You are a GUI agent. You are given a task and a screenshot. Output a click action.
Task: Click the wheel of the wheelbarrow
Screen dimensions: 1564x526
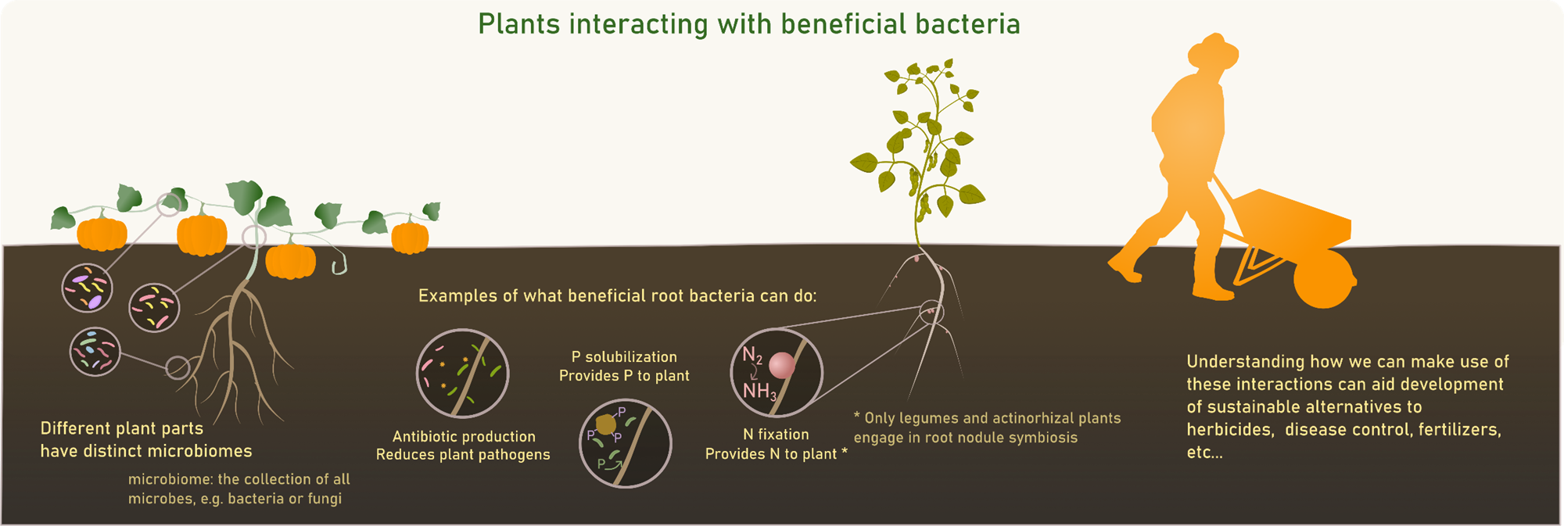pyautogui.click(x=1324, y=278)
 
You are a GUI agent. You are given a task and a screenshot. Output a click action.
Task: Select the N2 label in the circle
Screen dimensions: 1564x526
pyautogui.click(x=752, y=356)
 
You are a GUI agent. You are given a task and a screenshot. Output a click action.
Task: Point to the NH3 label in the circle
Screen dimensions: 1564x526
pyautogui.click(x=759, y=391)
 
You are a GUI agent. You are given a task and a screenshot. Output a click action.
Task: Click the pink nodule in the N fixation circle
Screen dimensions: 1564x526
pyautogui.click(x=782, y=365)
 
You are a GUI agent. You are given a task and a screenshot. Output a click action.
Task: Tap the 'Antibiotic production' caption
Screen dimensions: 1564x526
pyautogui.click(x=464, y=436)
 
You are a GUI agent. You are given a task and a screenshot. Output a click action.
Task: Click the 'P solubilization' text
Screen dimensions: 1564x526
pyautogui.click(x=624, y=356)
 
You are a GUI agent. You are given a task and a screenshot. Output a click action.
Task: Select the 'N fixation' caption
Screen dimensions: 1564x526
pyautogui.click(x=776, y=434)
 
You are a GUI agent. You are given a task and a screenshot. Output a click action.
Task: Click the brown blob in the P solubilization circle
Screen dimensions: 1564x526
pyautogui.click(x=606, y=424)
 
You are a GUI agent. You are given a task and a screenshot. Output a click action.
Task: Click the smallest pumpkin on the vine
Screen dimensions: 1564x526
pyautogui.click(x=410, y=238)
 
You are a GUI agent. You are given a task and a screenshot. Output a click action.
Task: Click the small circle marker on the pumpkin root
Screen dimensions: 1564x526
pyautogui.click(x=178, y=367)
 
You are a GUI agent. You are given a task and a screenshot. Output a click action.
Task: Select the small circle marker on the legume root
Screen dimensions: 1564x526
pyautogui.click(x=931, y=313)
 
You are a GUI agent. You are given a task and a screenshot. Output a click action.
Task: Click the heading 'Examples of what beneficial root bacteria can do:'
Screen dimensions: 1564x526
pyautogui.click(x=617, y=295)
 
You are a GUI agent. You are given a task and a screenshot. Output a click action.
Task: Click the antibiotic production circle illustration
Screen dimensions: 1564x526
pyautogui.click(x=463, y=374)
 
